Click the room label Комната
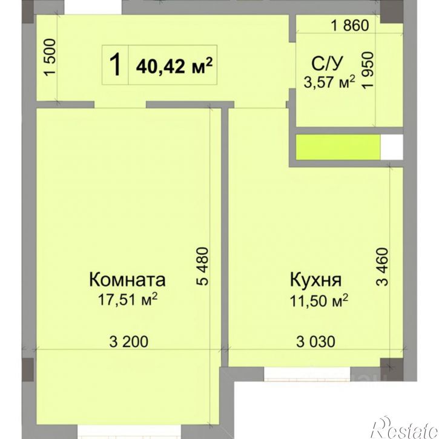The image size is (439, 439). pyautogui.click(x=127, y=280)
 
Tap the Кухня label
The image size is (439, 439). pyautogui.click(x=316, y=280)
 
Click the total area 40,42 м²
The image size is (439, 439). pyautogui.click(x=177, y=65)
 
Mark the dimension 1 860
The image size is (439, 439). pyautogui.click(x=349, y=26)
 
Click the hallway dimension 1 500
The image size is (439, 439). pyautogui.click(x=51, y=58)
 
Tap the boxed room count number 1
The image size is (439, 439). pyautogui.click(x=114, y=64)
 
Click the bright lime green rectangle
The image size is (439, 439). pyautogui.click(x=338, y=146)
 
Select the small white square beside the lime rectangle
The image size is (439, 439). pyautogui.click(x=391, y=146)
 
